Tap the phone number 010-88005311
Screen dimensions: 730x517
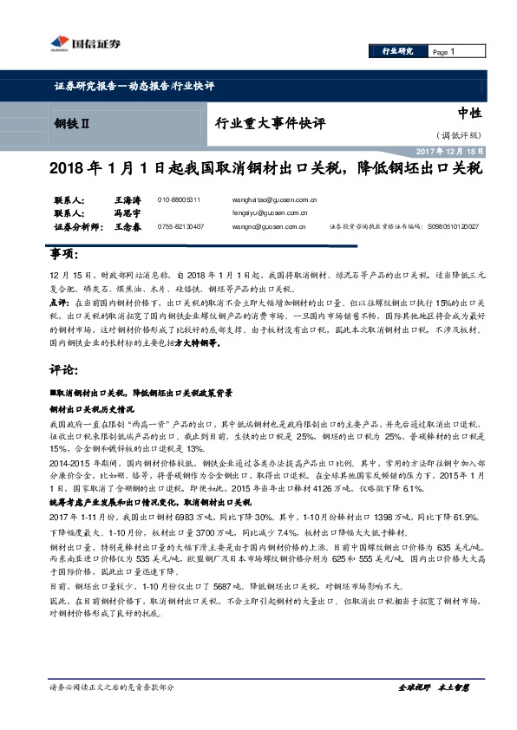pyautogui.click(x=180, y=199)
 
